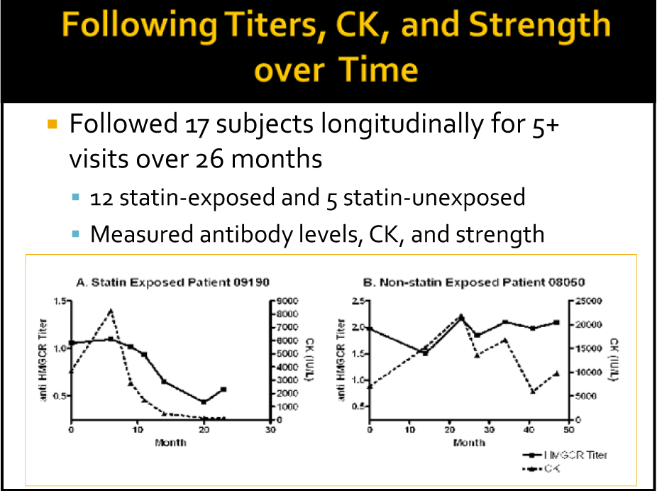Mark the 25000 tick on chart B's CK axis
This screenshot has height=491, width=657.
point(589,301)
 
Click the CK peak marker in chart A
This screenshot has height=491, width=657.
point(111,311)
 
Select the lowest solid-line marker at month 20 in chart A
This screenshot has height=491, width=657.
point(204,402)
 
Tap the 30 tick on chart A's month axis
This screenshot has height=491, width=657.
point(270,431)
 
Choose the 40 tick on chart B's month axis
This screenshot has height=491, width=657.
point(531,431)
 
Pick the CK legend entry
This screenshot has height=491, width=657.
point(546,469)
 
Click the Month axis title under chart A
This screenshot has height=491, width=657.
point(170,442)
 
